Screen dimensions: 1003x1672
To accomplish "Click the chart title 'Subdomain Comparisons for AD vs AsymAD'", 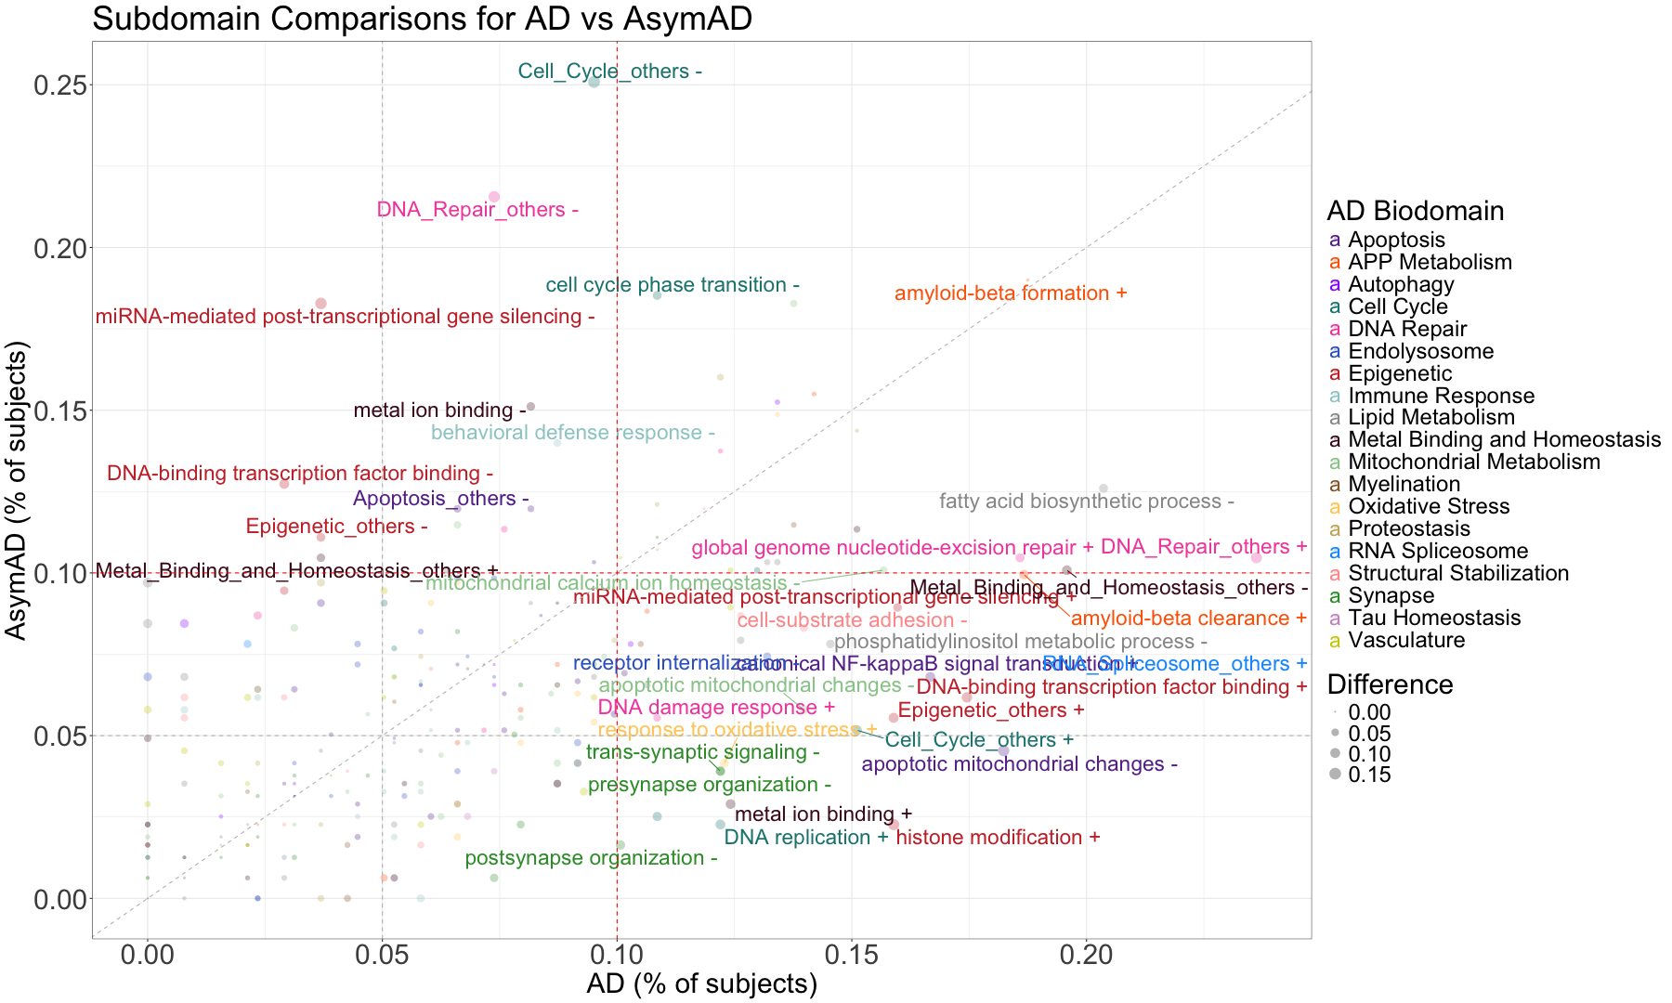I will click(x=422, y=19).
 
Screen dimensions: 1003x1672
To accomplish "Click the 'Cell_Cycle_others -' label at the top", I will click(x=609, y=72).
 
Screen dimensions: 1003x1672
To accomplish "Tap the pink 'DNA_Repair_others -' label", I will click(x=477, y=210).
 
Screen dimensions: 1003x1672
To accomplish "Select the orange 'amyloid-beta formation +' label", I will click(x=1010, y=293).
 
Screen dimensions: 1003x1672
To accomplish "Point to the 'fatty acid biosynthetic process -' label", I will click(x=1086, y=501).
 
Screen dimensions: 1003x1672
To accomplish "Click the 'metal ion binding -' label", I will click(x=439, y=410).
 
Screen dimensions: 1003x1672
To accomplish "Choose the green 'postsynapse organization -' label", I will click(x=591, y=858).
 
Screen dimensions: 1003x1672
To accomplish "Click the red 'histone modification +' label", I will click(x=998, y=838).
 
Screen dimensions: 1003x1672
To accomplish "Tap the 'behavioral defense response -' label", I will click(x=572, y=433).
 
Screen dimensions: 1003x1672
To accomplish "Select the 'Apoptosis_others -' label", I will click(x=440, y=499).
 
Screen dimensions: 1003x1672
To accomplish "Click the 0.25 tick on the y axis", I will click(x=59, y=85).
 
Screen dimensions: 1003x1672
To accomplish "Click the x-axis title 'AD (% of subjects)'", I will click(x=701, y=984).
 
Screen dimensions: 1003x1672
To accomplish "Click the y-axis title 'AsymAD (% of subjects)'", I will click(x=17, y=490).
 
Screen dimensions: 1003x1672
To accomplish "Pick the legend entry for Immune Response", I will click(x=1440, y=396).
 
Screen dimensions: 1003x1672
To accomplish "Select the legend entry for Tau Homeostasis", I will click(x=1433, y=618).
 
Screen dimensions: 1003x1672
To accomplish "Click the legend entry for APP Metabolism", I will click(x=1429, y=262).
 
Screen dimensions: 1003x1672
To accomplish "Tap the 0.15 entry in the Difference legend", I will click(x=1369, y=775).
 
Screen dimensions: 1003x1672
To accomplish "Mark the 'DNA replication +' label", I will click(x=805, y=838).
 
